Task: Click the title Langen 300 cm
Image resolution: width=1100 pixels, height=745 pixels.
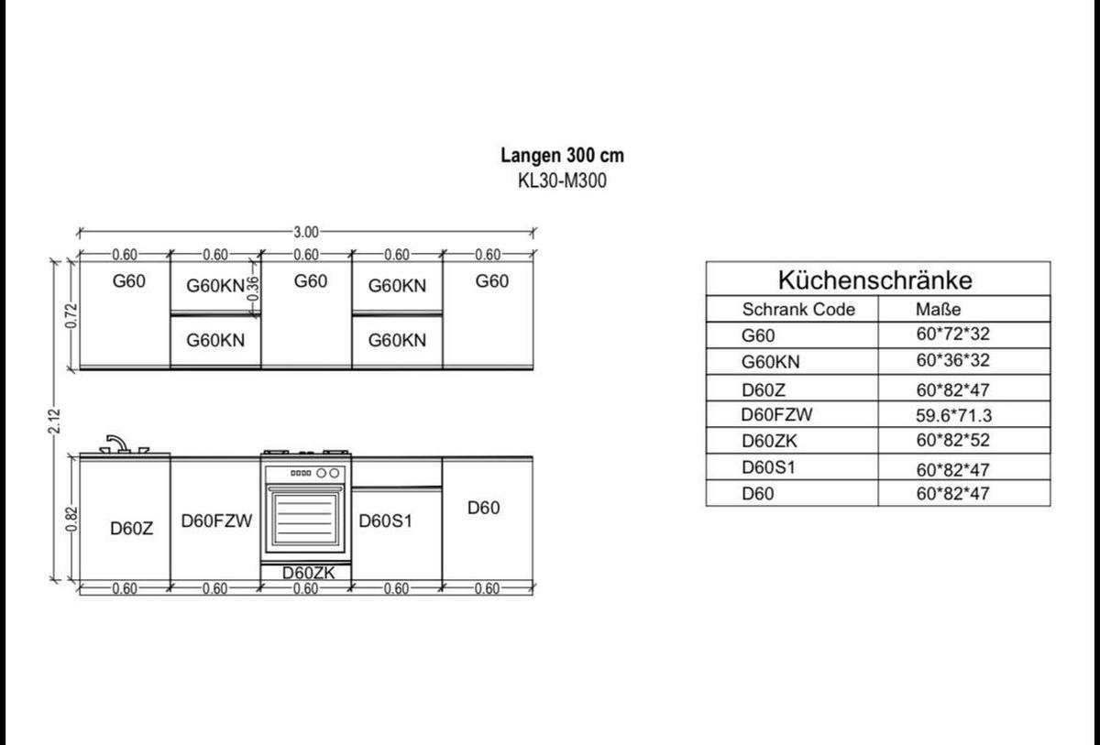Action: (562, 156)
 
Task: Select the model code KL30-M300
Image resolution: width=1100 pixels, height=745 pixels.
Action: (562, 181)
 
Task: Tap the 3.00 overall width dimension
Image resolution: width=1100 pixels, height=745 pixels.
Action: (306, 232)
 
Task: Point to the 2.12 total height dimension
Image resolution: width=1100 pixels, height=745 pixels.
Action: (54, 421)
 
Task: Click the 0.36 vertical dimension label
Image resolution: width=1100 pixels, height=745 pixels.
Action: (252, 289)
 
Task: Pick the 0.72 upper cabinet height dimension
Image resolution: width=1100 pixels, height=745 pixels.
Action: (71, 315)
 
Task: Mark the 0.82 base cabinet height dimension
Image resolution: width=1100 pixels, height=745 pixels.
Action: (71, 519)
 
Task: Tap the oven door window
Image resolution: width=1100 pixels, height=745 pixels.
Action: (305, 519)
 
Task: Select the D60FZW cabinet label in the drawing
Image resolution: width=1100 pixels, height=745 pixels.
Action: (216, 520)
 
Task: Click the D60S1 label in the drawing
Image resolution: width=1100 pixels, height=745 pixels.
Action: (386, 520)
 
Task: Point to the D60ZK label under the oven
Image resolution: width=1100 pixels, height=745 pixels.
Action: (308, 573)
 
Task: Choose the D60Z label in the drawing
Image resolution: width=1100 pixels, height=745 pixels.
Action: (132, 529)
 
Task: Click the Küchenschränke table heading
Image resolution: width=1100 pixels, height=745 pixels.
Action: (875, 280)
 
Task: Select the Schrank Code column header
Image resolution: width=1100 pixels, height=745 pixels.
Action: (798, 309)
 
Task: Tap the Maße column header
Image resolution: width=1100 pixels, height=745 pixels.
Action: (939, 309)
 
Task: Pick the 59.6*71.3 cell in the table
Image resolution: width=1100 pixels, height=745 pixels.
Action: (953, 416)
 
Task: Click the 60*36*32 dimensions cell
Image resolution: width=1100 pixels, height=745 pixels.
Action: (952, 360)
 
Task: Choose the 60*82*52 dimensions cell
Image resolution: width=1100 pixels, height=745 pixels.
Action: (952, 440)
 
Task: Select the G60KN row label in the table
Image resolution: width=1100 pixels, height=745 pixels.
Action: (771, 362)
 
